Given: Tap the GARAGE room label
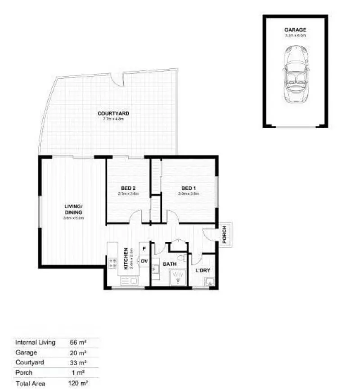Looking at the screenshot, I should click(295, 30).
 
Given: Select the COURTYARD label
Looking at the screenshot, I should click(113, 113).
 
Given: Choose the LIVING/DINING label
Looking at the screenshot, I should click(73, 210).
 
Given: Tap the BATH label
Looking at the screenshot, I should click(169, 264).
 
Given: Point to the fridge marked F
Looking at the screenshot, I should click(144, 249).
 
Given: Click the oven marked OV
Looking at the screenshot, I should click(144, 261).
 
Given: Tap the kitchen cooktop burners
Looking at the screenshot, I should click(111, 262).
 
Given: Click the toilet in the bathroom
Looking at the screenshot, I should click(180, 258).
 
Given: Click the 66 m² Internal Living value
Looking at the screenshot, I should click(76, 342).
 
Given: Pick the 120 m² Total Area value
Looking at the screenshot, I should click(77, 383).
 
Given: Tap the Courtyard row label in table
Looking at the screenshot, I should click(30, 362).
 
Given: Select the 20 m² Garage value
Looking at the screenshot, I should click(76, 353).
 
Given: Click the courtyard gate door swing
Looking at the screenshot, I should click(119, 80).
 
